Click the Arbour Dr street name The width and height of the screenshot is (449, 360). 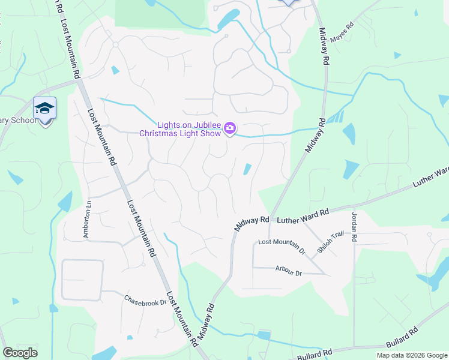pyautogui.click(x=288, y=271)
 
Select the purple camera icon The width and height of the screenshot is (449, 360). pyautogui.click(x=230, y=128)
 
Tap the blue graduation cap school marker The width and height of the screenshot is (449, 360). pyautogui.click(x=44, y=109)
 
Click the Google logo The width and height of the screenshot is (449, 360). pyautogui.click(x=20, y=353)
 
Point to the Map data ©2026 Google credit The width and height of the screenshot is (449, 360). pyautogui.click(x=412, y=355)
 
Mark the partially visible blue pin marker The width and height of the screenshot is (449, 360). pyautogui.click(x=289, y=2)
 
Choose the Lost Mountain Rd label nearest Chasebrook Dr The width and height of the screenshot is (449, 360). pyautogui.click(x=181, y=318)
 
